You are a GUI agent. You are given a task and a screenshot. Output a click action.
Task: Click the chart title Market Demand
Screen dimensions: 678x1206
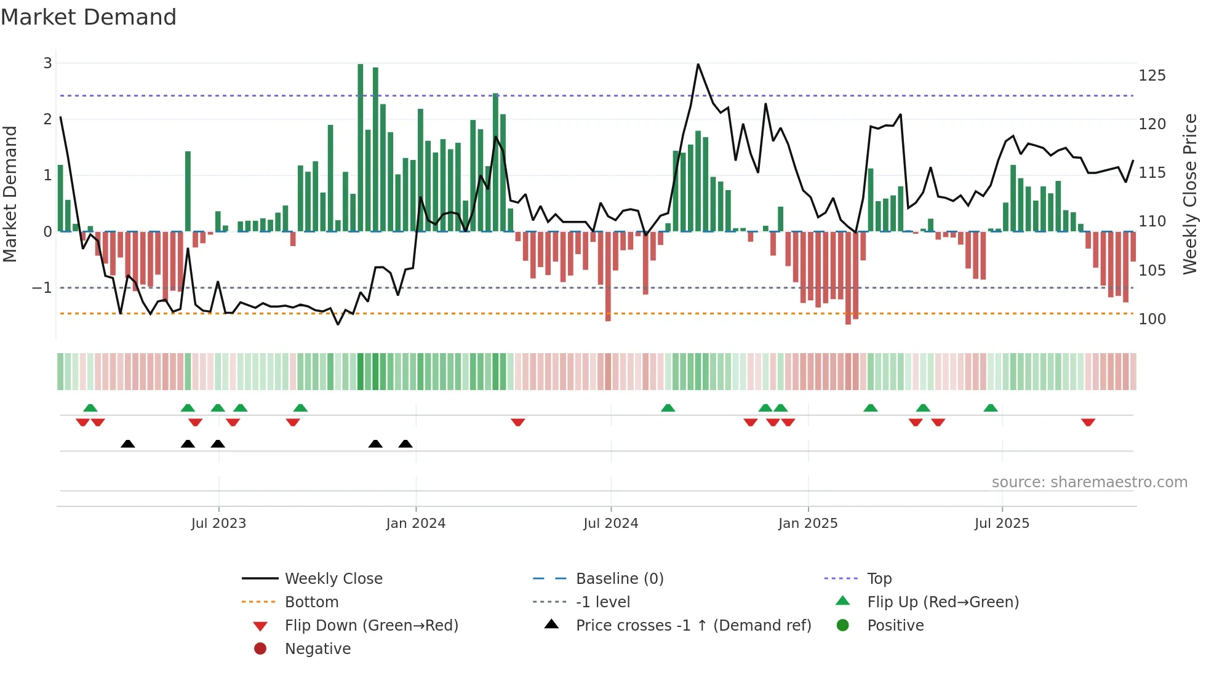coord(89,17)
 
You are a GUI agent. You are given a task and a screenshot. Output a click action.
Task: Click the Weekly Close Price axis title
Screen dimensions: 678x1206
coord(1190,194)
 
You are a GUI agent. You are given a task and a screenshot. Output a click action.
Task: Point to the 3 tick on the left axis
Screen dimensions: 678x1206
coord(47,63)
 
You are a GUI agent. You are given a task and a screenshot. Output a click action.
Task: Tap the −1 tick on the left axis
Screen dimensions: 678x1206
coord(42,287)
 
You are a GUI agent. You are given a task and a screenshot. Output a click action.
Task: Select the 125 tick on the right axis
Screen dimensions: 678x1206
coord(1152,76)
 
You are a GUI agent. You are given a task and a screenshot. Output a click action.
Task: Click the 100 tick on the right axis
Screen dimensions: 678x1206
coord(1152,319)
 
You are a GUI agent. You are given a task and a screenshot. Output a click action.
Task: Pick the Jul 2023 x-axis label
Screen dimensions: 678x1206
coord(218,524)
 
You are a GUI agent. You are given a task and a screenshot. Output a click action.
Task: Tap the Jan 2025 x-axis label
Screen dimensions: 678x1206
coord(807,524)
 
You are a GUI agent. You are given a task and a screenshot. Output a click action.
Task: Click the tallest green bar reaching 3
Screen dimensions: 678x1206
coord(361,148)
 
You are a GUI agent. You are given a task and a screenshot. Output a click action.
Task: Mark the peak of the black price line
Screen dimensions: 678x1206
coord(698,64)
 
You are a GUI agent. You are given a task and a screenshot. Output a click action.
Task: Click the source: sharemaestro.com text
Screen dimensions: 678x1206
coord(1089,482)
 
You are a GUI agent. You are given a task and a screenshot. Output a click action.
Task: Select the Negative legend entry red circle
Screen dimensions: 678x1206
coord(260,648)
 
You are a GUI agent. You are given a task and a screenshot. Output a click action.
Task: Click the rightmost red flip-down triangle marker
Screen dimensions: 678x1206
coord(1088,422)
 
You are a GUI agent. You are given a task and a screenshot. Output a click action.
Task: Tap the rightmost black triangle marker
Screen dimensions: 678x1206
coord(405,444)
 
